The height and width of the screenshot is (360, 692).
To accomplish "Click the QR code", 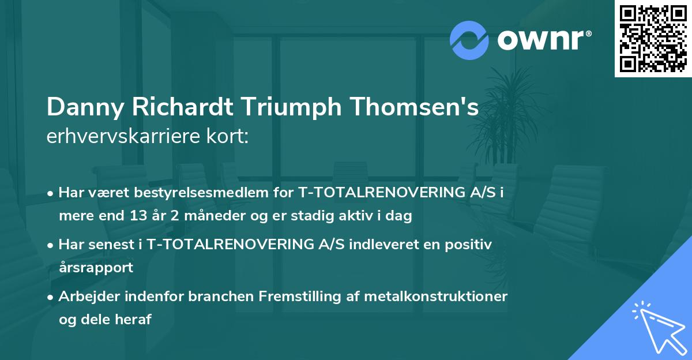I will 653,38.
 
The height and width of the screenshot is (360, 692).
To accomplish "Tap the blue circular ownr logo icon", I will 469,40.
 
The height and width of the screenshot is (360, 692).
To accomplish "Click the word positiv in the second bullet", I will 472,245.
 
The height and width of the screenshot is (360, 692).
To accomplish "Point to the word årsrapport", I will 96,268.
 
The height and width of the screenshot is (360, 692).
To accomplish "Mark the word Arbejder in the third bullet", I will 86,297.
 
